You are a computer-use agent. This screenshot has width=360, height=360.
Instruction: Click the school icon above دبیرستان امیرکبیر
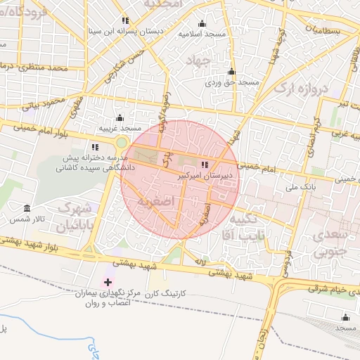coord(205,164)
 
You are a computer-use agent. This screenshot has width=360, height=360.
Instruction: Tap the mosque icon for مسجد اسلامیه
coord(202,23)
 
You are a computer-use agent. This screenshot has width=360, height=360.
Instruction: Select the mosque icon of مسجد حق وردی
coord(231,71)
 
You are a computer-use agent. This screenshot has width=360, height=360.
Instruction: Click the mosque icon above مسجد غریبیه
coord(120,117)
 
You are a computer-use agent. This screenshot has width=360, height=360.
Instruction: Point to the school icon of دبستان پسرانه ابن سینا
coord(126,20)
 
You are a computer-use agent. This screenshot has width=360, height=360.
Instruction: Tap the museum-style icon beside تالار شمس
coord(27,209)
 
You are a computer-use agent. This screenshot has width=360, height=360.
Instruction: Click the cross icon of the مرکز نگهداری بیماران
coord(107,281)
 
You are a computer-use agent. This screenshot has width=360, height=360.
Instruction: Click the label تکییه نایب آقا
coord(242,229)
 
